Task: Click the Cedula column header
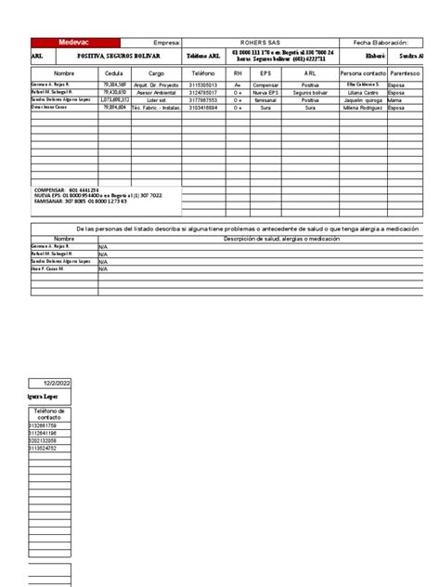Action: tap(114, 72)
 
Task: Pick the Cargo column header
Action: tap(156, 72)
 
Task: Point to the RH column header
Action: tap(238, 72)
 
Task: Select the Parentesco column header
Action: tap(408, 72)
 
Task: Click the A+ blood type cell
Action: tap(238, 85)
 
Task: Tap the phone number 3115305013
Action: tap(201, 85)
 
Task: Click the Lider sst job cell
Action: tap(156, 99)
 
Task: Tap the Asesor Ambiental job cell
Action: tap(156, 92)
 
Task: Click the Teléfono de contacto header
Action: tap(48, 413)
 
